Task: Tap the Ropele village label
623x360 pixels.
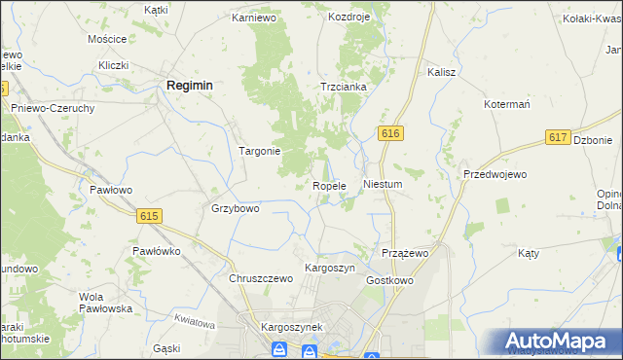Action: [x=329, y=186]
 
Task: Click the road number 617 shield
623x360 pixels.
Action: [x=558, y=138]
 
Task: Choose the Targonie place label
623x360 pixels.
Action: [x=260, y=151]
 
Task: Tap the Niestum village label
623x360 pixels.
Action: [x=382, y=183]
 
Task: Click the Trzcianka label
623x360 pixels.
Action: [x=344, y=87]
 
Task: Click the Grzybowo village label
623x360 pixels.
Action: [x=236, y=208]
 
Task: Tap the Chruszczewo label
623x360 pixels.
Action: [x=261, y=278]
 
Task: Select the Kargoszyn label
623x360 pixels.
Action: [x=330, y=268]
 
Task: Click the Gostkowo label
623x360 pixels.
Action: [x=390, y=280]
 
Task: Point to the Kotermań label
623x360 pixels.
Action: [x=506, y=103]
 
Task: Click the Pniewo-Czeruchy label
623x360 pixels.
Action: [x=53, y=108]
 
